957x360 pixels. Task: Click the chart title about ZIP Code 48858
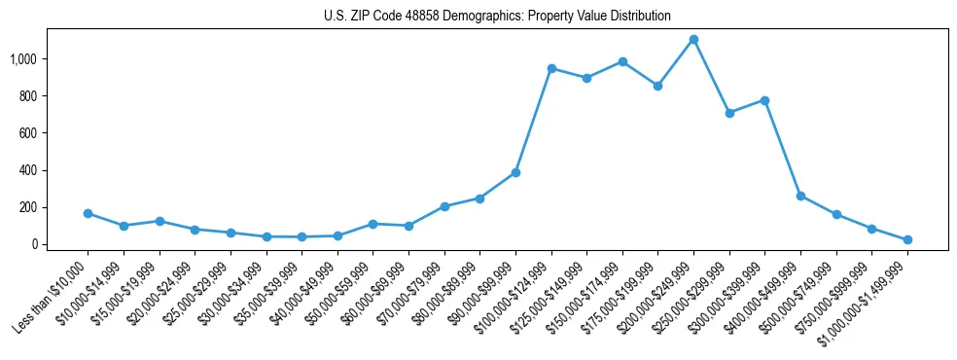[497, 16]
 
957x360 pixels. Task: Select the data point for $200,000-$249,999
[693, 40]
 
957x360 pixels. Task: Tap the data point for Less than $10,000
[88, 213]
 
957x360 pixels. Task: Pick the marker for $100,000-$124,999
[551, 68]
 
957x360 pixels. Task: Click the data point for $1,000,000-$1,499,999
[907, 239]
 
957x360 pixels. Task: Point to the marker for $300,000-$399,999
[765, 100]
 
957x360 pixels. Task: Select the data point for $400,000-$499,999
[800, 196]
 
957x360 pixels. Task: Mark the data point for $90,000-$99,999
[515, 172]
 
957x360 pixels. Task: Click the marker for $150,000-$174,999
[622, 61]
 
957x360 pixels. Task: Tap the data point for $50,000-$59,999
[372, 224]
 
